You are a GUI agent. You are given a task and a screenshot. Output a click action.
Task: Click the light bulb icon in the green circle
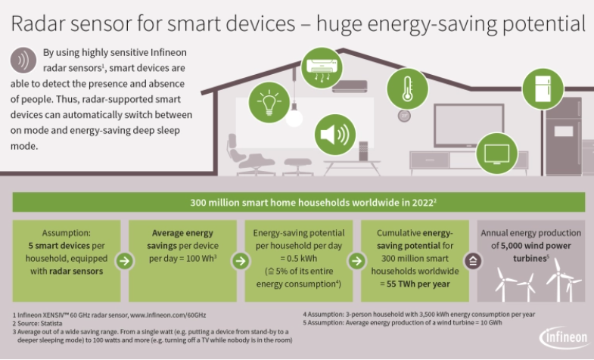(x=269, y=102)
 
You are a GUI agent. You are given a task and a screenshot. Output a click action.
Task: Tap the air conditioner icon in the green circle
(x=322, y=68)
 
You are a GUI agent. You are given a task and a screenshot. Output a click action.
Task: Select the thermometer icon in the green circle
(x=407, y=89)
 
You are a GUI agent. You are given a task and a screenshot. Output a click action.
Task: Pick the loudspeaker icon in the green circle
(x=335, y=135)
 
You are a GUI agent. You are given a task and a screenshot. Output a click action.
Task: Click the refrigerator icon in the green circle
(x=543, y=89)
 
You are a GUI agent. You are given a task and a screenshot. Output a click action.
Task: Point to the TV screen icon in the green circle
(x=496, y=154)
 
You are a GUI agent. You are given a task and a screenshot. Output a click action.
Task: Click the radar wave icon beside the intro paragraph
(x=23, y=61)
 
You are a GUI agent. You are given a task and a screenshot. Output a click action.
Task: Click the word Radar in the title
(x=38, y=23)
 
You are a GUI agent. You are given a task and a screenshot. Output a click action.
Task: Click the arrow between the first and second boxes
(x=125, y=261)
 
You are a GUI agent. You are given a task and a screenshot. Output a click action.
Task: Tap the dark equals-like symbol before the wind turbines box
(x=473, y=261)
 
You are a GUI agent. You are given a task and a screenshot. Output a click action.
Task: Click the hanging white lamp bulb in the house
(x=294, y=117)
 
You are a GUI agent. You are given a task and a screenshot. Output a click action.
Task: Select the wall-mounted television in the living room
(x=468, y=126)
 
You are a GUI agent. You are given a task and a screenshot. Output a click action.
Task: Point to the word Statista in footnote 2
(x=51, y=323)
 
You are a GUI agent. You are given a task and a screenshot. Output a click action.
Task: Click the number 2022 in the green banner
(x=422, y=203)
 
